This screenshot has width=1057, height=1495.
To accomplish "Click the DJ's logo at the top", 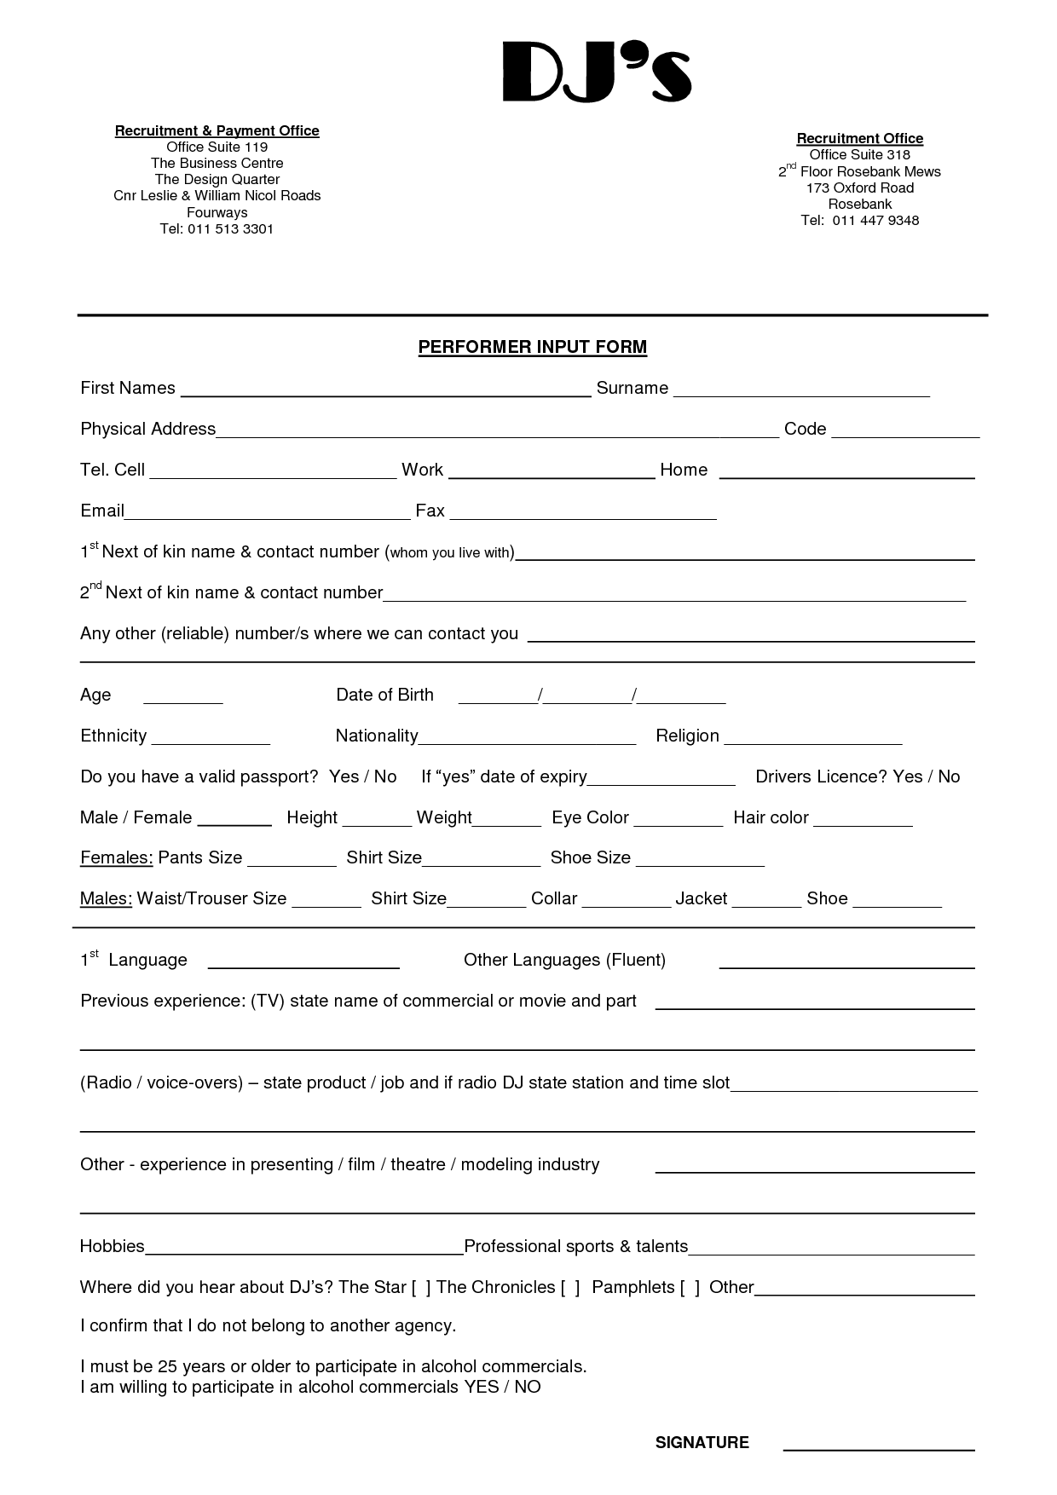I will click(x=596, y=72).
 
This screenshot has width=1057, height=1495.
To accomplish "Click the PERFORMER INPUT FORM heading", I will click(x=532, y=347).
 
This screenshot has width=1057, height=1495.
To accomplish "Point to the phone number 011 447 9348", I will click(x=875, y=220).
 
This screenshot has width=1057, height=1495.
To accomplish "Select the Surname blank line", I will click(x=801, y=393).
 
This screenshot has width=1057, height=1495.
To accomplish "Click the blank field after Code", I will click(x=905, y=434).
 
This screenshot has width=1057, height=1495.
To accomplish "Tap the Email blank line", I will click(x=268, y=516).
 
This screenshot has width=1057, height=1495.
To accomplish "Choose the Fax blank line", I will click(x=583, y=516).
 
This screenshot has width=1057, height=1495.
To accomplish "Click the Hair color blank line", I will click(x=863, y=823).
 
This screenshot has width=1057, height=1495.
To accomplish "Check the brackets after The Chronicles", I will click(x=570, y=1288).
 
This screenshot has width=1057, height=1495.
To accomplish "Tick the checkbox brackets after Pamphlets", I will click(x=690, y=1288).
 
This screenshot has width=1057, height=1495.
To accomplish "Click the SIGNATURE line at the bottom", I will click(x=878, y=1448).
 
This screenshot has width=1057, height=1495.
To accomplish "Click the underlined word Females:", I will click(x=117, y=857).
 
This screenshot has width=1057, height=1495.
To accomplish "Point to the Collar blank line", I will click(x=627, y=904).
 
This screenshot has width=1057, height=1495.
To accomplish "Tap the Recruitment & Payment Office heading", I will click(x=217, y=130).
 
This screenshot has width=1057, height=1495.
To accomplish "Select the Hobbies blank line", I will click(x=304, y=1251).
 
